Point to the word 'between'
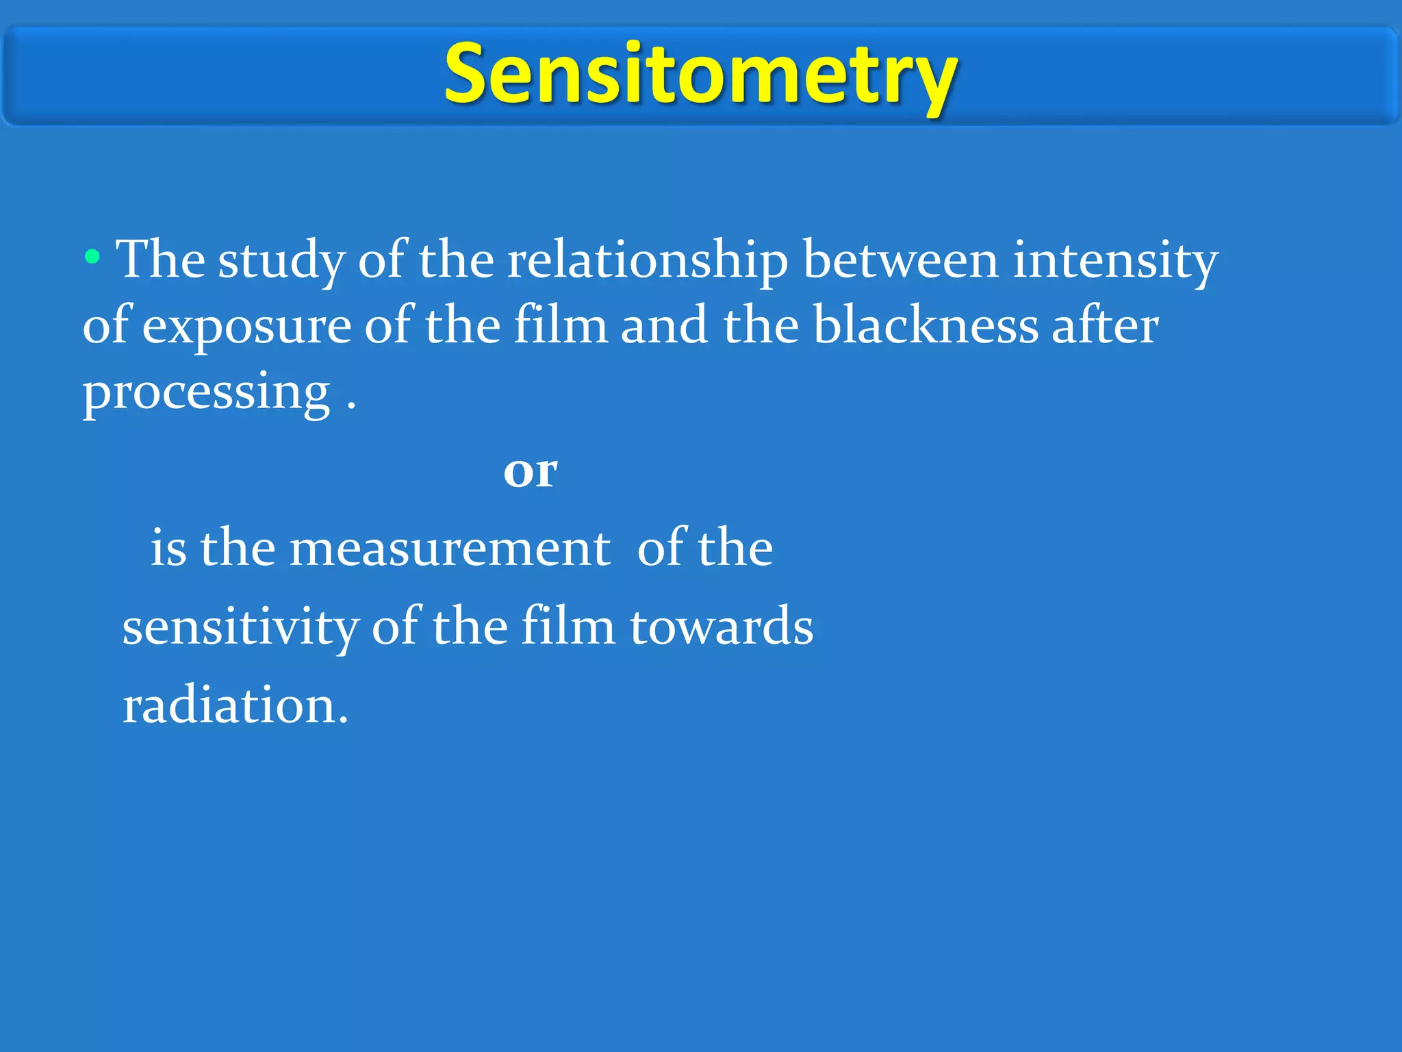900,260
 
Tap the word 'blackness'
925,325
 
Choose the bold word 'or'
531,472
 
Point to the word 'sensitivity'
240,627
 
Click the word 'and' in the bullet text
664,325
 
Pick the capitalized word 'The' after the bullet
160,260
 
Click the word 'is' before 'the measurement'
168,549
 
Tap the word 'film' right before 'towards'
568,626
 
